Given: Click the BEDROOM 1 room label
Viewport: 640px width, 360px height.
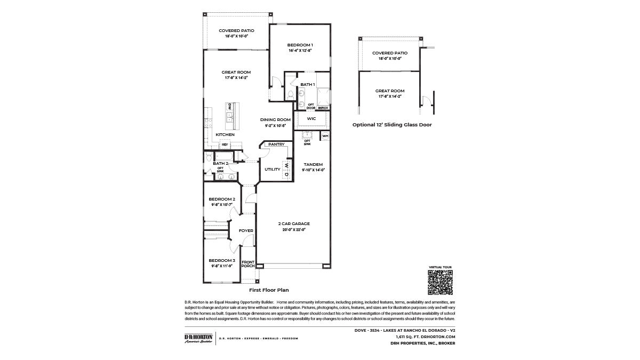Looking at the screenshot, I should click(x=300, y=45).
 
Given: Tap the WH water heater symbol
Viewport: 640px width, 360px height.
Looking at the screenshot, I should click(x=325, y=136).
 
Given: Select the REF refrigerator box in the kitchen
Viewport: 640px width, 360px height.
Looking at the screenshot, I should click(x=225, y=145).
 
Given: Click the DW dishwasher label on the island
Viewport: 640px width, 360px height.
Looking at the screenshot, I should click(x=230, y=106).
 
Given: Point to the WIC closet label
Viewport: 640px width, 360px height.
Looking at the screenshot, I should click(x=311, y=118).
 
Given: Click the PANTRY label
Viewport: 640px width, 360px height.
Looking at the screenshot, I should click(x=276, y=144).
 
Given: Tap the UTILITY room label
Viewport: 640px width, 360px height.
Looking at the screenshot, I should click(x=272, y=169).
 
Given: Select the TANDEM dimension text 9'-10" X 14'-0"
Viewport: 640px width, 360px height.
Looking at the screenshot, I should click(x=314, y=170).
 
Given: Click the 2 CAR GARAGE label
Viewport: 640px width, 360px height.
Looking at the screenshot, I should click(x=293, y=223).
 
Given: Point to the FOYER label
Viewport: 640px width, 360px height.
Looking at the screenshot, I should click(x=246, y=230).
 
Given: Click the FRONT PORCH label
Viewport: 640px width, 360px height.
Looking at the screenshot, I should click(x=248, y=263).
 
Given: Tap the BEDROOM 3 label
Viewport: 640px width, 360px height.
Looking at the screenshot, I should click(x=222, y=260).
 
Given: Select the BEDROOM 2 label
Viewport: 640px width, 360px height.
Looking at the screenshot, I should click(x=222, y=198).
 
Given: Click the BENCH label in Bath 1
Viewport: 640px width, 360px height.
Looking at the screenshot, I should click(x=323, y=107).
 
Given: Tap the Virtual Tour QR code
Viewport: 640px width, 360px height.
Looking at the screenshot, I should click(x=440, y=282).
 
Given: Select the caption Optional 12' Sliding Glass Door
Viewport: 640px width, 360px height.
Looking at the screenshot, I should click(x=392, y=124).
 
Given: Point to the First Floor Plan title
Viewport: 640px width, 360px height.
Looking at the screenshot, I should click(x=269, y=290).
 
